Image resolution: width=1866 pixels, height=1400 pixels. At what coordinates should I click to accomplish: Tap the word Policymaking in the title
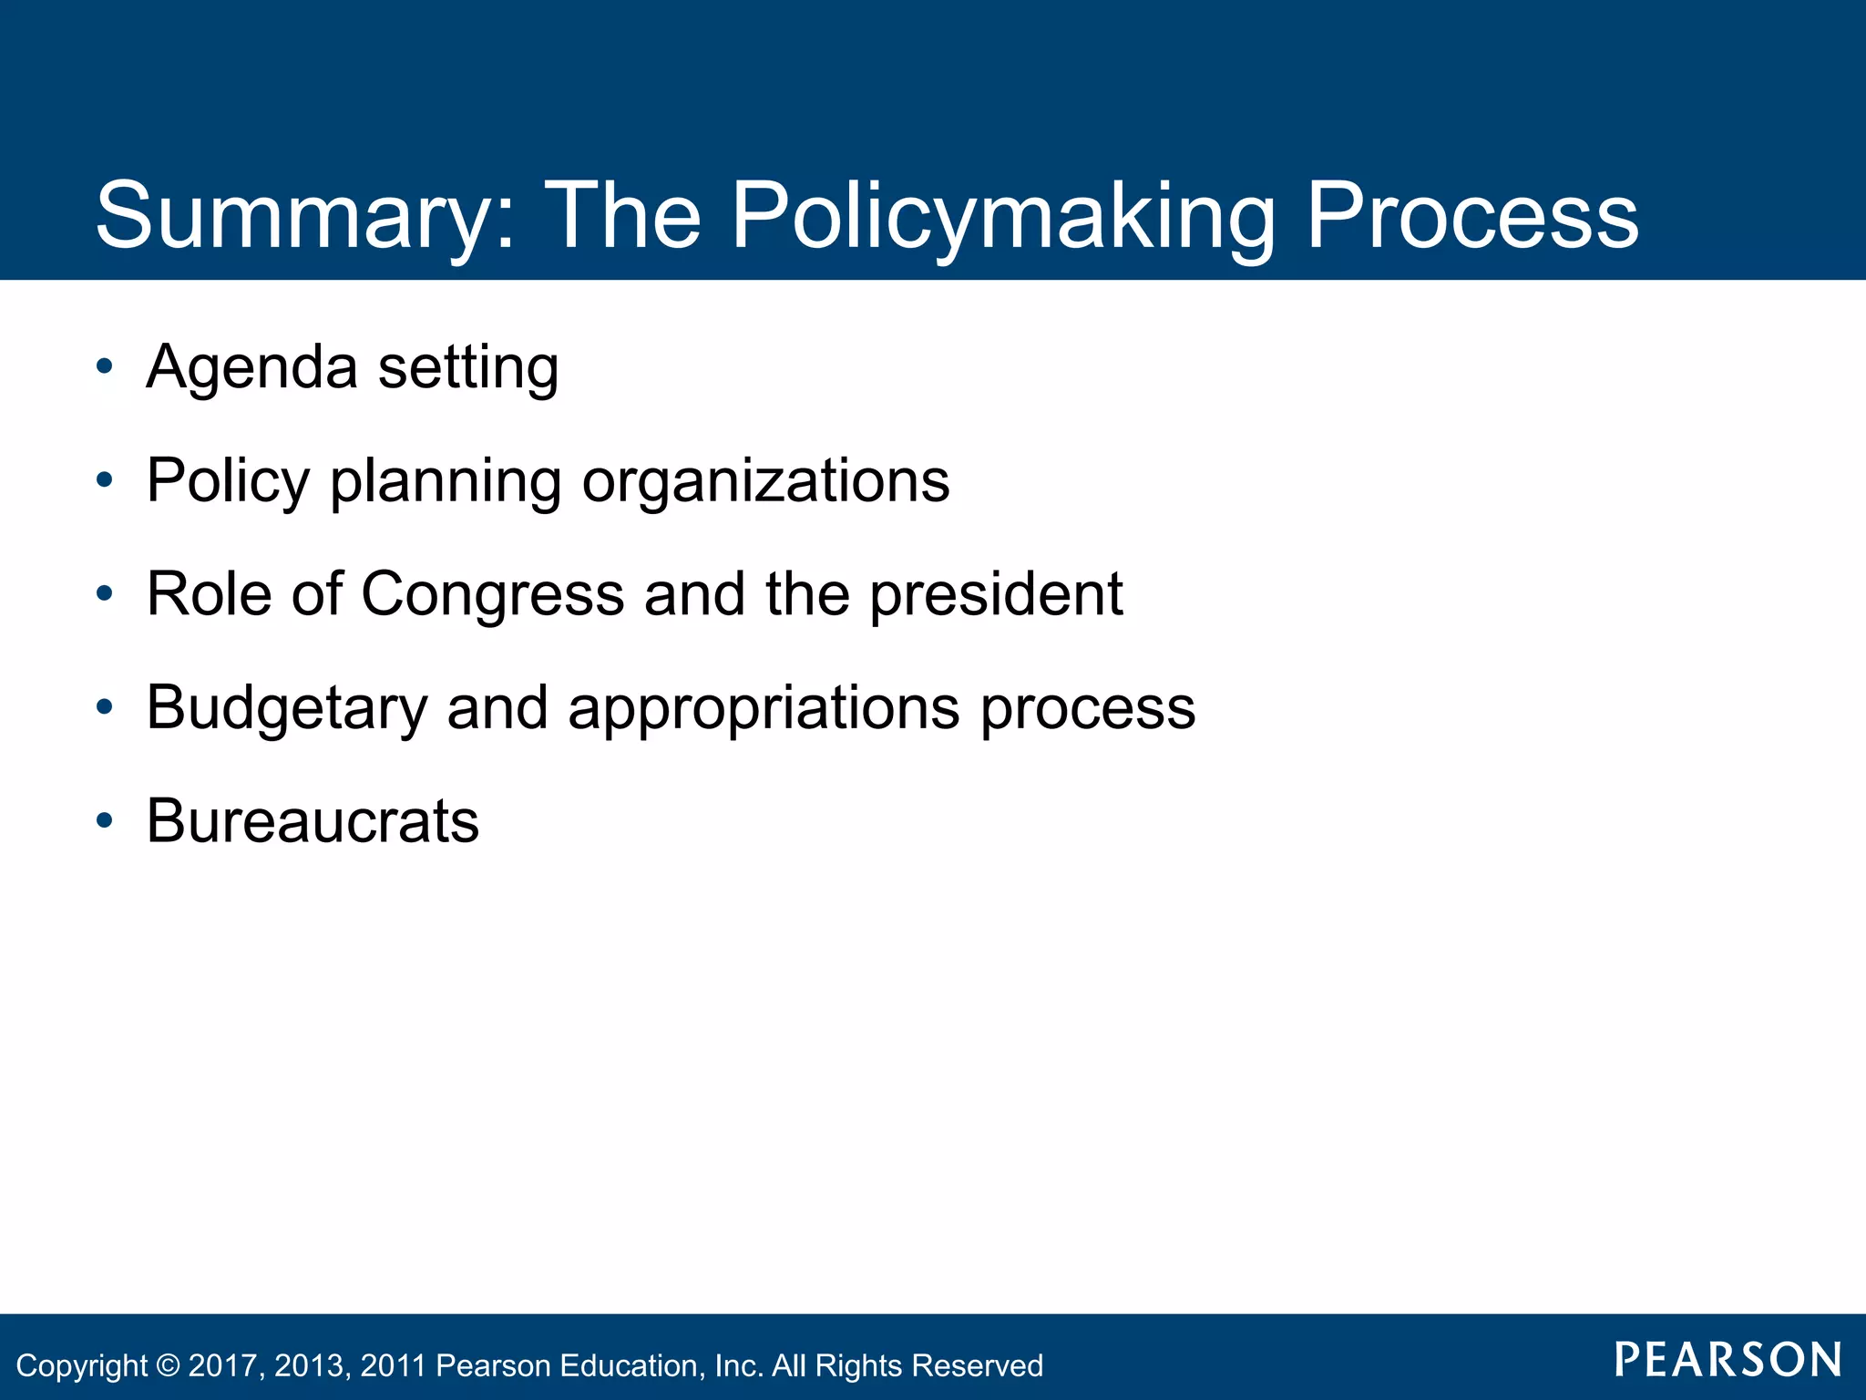coord(1002,217)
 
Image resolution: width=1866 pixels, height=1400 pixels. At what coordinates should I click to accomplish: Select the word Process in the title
coord(1472,217)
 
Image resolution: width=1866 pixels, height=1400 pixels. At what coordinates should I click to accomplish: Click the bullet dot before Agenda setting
coord(105,367)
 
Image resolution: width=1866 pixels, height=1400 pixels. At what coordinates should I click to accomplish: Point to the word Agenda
coord(251,367)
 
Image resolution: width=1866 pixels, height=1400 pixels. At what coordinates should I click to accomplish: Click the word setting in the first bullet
coord(467,367)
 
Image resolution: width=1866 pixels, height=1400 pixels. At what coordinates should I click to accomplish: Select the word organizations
coord(765,481)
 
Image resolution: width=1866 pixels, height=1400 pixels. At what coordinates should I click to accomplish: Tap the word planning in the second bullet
coord(445,481)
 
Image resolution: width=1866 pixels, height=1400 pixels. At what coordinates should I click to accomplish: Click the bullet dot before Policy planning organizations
coord(105,480)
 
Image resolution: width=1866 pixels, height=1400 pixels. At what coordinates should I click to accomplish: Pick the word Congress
coord(492,594)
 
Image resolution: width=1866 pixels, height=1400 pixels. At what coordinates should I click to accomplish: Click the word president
coord(996,594)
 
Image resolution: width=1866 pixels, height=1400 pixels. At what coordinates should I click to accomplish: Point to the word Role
coord(209,594)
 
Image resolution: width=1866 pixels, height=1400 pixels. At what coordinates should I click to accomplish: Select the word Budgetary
coord(286,708)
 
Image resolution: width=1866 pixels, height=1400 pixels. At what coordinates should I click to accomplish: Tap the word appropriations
coord(764,708)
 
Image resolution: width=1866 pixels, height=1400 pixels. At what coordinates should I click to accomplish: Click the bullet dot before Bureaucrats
coord(105,821)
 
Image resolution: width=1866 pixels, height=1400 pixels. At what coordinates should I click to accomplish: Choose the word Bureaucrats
coord(313,821)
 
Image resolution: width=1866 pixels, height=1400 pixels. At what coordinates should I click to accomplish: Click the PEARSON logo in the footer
coord(1728,1360)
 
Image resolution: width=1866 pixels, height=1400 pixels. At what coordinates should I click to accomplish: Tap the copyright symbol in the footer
coord(168,1365)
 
